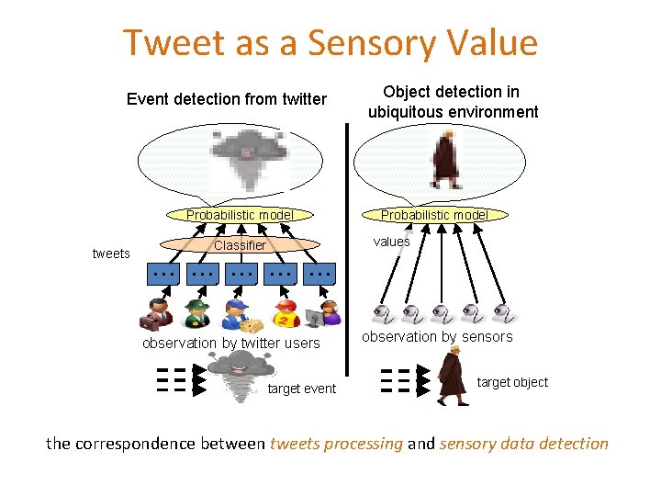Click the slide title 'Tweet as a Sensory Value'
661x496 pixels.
330,43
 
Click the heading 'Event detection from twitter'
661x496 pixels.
227,99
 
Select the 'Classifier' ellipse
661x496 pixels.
240,245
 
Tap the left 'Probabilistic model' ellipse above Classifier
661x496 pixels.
241,216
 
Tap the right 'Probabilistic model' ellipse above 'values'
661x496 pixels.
433,216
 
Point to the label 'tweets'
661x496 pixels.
111,254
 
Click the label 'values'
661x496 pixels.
391,242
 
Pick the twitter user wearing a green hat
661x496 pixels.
196,314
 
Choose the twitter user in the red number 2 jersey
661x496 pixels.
286,314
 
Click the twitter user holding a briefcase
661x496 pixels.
155,314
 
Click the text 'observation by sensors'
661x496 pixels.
437,337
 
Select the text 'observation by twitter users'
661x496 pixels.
230,344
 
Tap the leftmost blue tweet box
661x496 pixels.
164,274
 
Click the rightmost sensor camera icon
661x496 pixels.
502,314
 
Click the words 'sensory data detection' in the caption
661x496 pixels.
524,444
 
